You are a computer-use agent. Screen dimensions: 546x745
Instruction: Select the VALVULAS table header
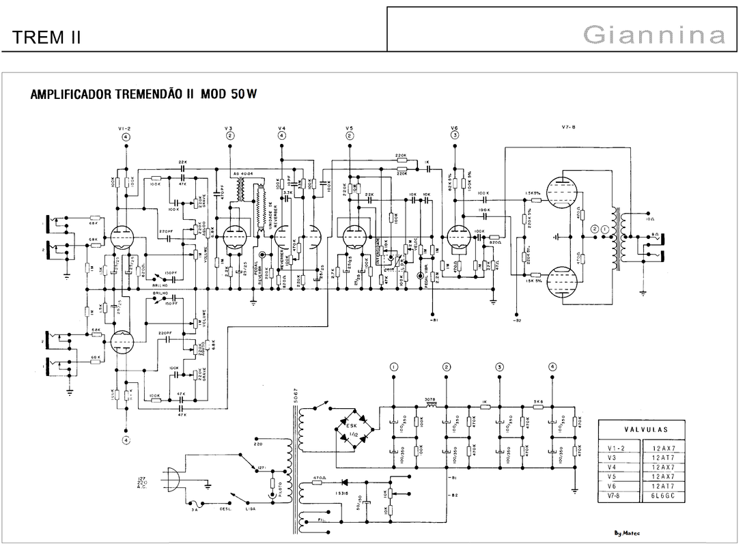tap(646, 430)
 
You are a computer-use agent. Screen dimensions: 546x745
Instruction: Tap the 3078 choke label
tap(430, 399)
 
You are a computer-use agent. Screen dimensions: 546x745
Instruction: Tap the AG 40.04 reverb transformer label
tap(242, 174)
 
